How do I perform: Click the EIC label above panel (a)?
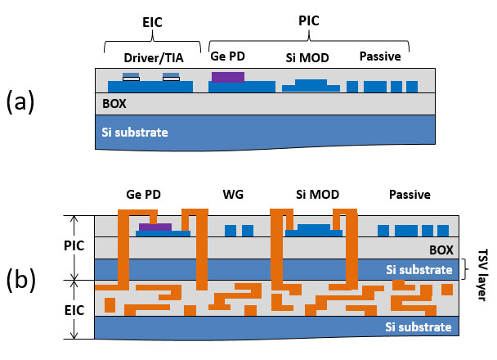(152, 22)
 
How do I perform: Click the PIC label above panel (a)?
(309, 21)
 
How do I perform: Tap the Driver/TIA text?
(154, 58)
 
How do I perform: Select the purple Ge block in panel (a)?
(228, 77)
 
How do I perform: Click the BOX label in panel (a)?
(114, 104)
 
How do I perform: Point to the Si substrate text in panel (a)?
(135, 133)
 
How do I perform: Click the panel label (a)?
(20, 101)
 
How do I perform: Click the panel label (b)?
(21, 279)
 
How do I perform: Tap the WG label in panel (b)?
(233, 195)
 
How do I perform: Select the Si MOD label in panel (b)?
(318, 195)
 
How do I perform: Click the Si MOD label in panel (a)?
(307, 58)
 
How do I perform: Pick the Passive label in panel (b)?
(410, 195)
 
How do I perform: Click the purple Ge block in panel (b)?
(155, 227)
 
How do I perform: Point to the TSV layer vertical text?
(482, 275)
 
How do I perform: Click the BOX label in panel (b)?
(441, 250)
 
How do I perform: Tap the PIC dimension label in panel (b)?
(74, 245)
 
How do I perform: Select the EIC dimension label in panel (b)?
(74, 310)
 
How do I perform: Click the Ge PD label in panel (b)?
(143, 195)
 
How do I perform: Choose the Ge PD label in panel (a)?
(227, 56)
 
